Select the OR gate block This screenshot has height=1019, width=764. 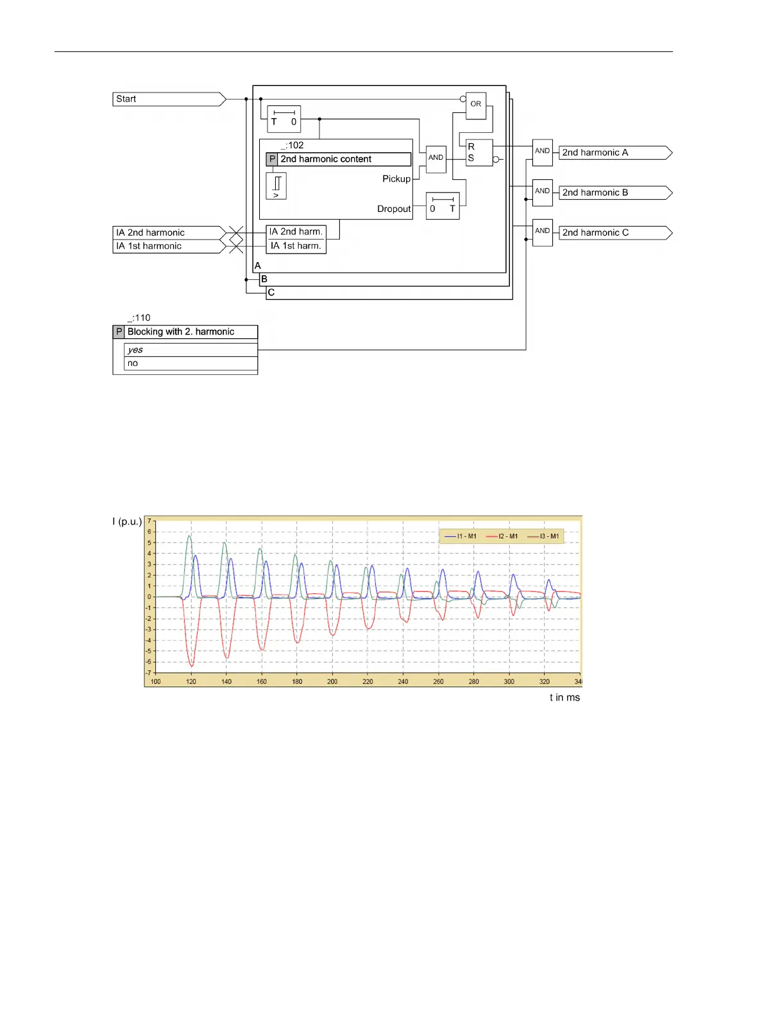tap(476, 105)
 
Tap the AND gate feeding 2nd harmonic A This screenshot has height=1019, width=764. tap(542, 152)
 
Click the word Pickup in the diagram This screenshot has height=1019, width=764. tap(396, 179)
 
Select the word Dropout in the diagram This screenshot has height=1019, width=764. tap(393, 209)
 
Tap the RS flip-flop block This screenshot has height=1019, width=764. tap(479, 153)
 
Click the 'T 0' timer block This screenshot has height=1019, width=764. tap(284, 119)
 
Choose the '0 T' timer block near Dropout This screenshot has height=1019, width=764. tap(443, 206)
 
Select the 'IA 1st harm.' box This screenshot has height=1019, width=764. tap(296, 246)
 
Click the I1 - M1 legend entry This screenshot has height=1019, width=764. tap(461, 536)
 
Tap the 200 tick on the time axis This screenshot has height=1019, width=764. tap(332, 681)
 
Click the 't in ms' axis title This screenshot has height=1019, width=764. tap(565, 697)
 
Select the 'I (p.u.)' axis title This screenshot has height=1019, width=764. tap(127, 521)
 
